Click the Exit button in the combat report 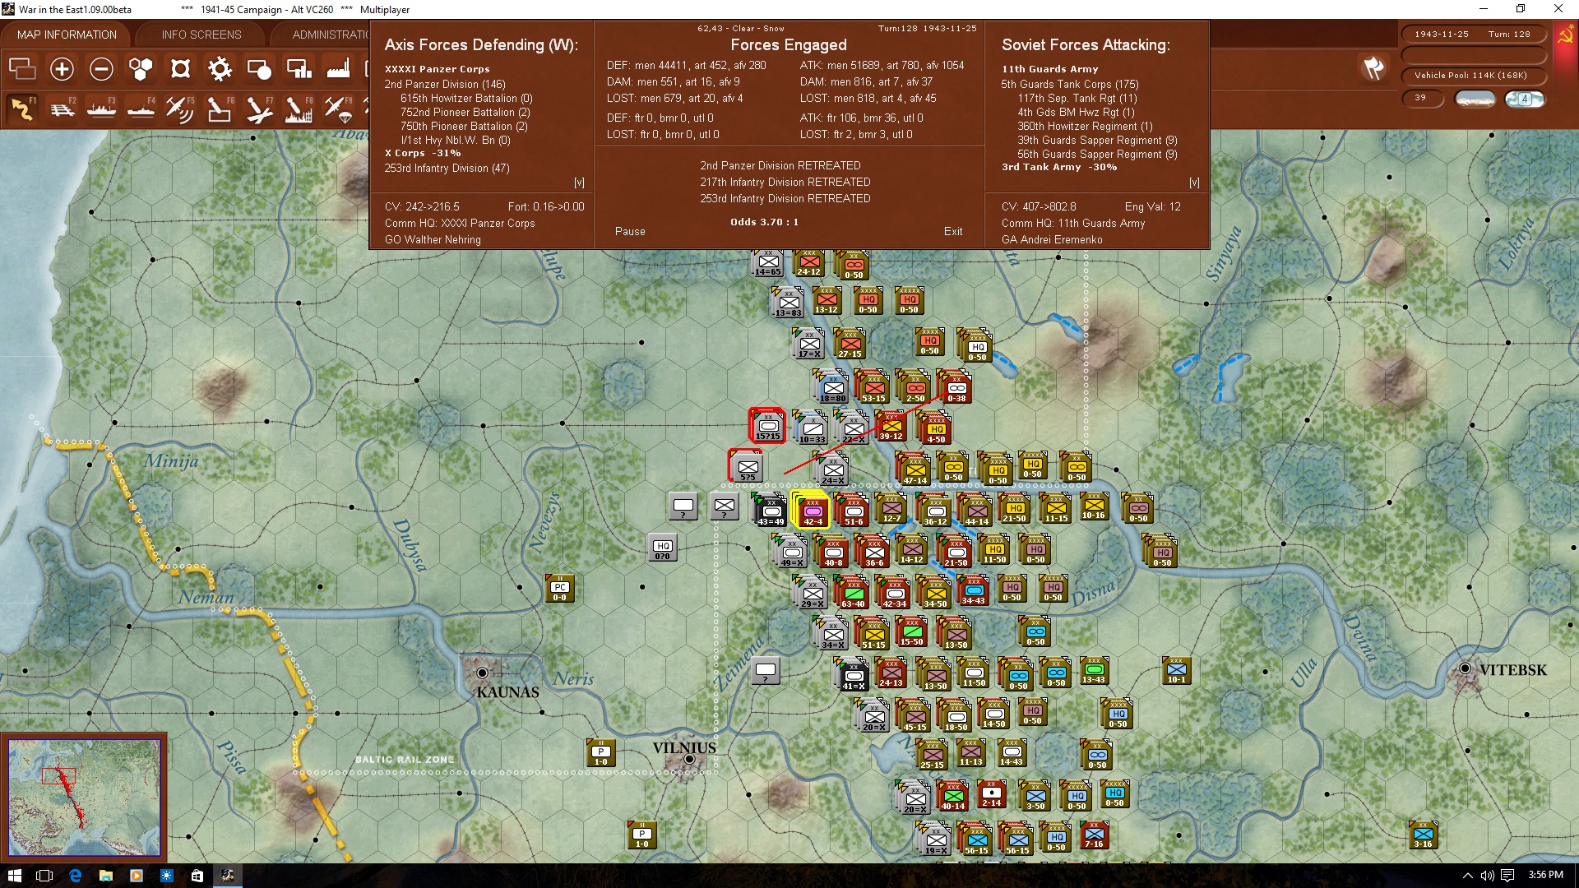click(952, 231)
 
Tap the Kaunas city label click(507, 692)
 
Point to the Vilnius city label click(684, 748)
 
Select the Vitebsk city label click(1512, 670)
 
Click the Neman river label click(206, 597)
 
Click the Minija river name click(171, 460)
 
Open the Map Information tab click(67, 35)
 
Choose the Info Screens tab click(201, 35)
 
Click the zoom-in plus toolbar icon click(62, 69)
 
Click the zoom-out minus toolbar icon click(101, 69)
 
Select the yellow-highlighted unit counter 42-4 click(812, 510)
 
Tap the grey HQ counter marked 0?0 click(662, 548)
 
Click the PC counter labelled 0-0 click(560, 590)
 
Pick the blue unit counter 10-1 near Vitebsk click(1176, 671)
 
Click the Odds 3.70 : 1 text click(764, 222)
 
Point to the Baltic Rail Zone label click(404, 760)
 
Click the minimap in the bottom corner click(84, 796)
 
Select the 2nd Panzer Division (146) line click(444, 84)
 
